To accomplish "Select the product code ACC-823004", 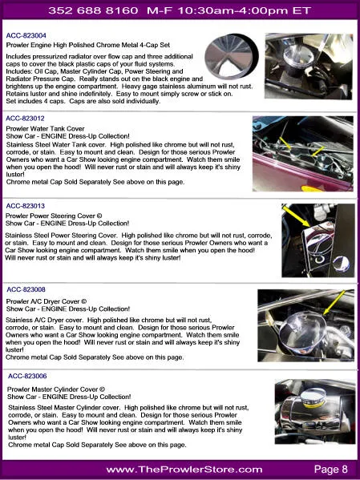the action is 26,36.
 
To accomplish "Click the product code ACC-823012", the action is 26,119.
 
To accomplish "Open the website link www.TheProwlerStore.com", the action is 184,469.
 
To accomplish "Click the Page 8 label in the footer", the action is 330,469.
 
